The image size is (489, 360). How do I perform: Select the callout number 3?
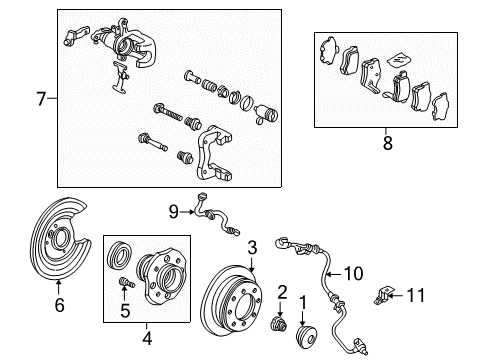point(253,246)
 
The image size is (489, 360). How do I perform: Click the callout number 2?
point(283,291)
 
